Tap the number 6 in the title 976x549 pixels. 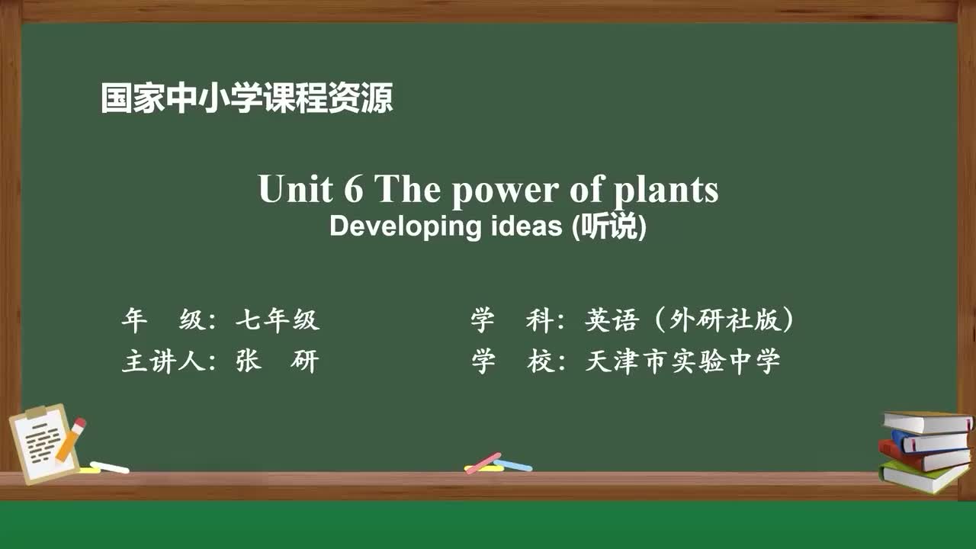[353, 189]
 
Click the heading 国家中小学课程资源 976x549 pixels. [247, 99]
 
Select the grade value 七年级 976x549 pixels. [277, 321]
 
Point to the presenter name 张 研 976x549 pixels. [277, 361]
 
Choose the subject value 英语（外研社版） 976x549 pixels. [690, 321]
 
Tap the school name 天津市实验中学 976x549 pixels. [682, 361]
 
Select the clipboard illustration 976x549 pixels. [42, 444]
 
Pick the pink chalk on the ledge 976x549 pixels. [483, 462]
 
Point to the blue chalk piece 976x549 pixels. [513, 464]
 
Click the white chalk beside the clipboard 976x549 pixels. [110, 467]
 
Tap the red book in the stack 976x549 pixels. [923, 455]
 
